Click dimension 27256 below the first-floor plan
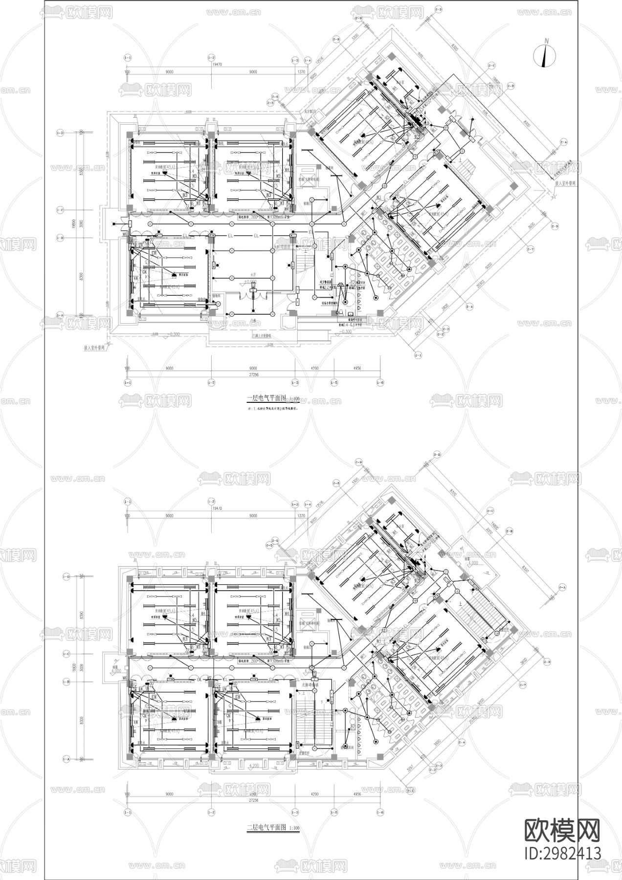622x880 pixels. pyautogui.click(x=253, y=375)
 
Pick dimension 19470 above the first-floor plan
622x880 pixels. pyautogui.click(x=211, y=64)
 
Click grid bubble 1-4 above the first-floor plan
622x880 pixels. pyautogui.click(x=308, y=60)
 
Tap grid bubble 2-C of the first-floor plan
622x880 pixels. pyautogui.click(x=491, y=65)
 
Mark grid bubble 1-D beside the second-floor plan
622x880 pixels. pyautogui.click(x=66, y=577)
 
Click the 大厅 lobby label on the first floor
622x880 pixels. pyautogui.click(x=253, y=275)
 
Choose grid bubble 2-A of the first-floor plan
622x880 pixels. pyautogui.click(x=563, y=142)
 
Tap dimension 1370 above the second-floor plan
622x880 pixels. pyautogui.click(x=301, y=516)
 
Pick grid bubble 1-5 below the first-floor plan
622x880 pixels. pyautogui.click(x=334, y=382)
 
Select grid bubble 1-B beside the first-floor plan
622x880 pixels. pyautogui.click(x=61, y=238)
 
